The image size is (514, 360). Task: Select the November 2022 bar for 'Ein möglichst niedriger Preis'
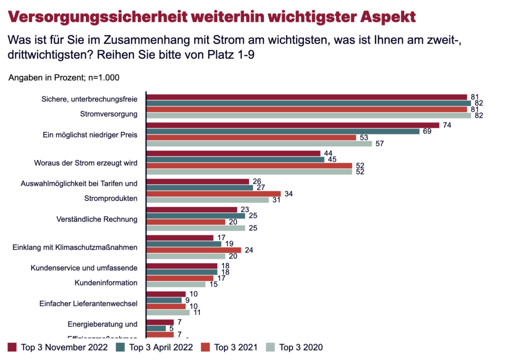tap(292, 125)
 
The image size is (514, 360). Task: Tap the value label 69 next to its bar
tap(428, 131)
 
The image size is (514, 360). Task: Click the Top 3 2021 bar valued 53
tap(250, 137)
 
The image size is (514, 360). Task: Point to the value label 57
tap(380, 144)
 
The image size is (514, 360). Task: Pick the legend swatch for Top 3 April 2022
tap(121, 347)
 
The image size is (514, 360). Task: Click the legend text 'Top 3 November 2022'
tap(64, 347)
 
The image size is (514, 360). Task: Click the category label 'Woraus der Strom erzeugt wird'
tap(86, 163)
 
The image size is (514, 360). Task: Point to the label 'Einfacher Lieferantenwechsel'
tap(88, 303)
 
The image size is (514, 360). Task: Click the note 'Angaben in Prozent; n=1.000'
tap(64, 78)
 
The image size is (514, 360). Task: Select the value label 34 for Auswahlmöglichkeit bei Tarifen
tap(289, 193)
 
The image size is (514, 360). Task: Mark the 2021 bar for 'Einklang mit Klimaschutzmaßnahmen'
tap(193, 250)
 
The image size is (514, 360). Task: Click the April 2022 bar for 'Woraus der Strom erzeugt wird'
tap(235, 160)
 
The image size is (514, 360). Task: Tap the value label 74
tap(447, 125)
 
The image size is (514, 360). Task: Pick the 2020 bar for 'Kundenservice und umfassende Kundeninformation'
tap(175, 284)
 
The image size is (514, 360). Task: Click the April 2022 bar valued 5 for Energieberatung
tap(156, 328)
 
